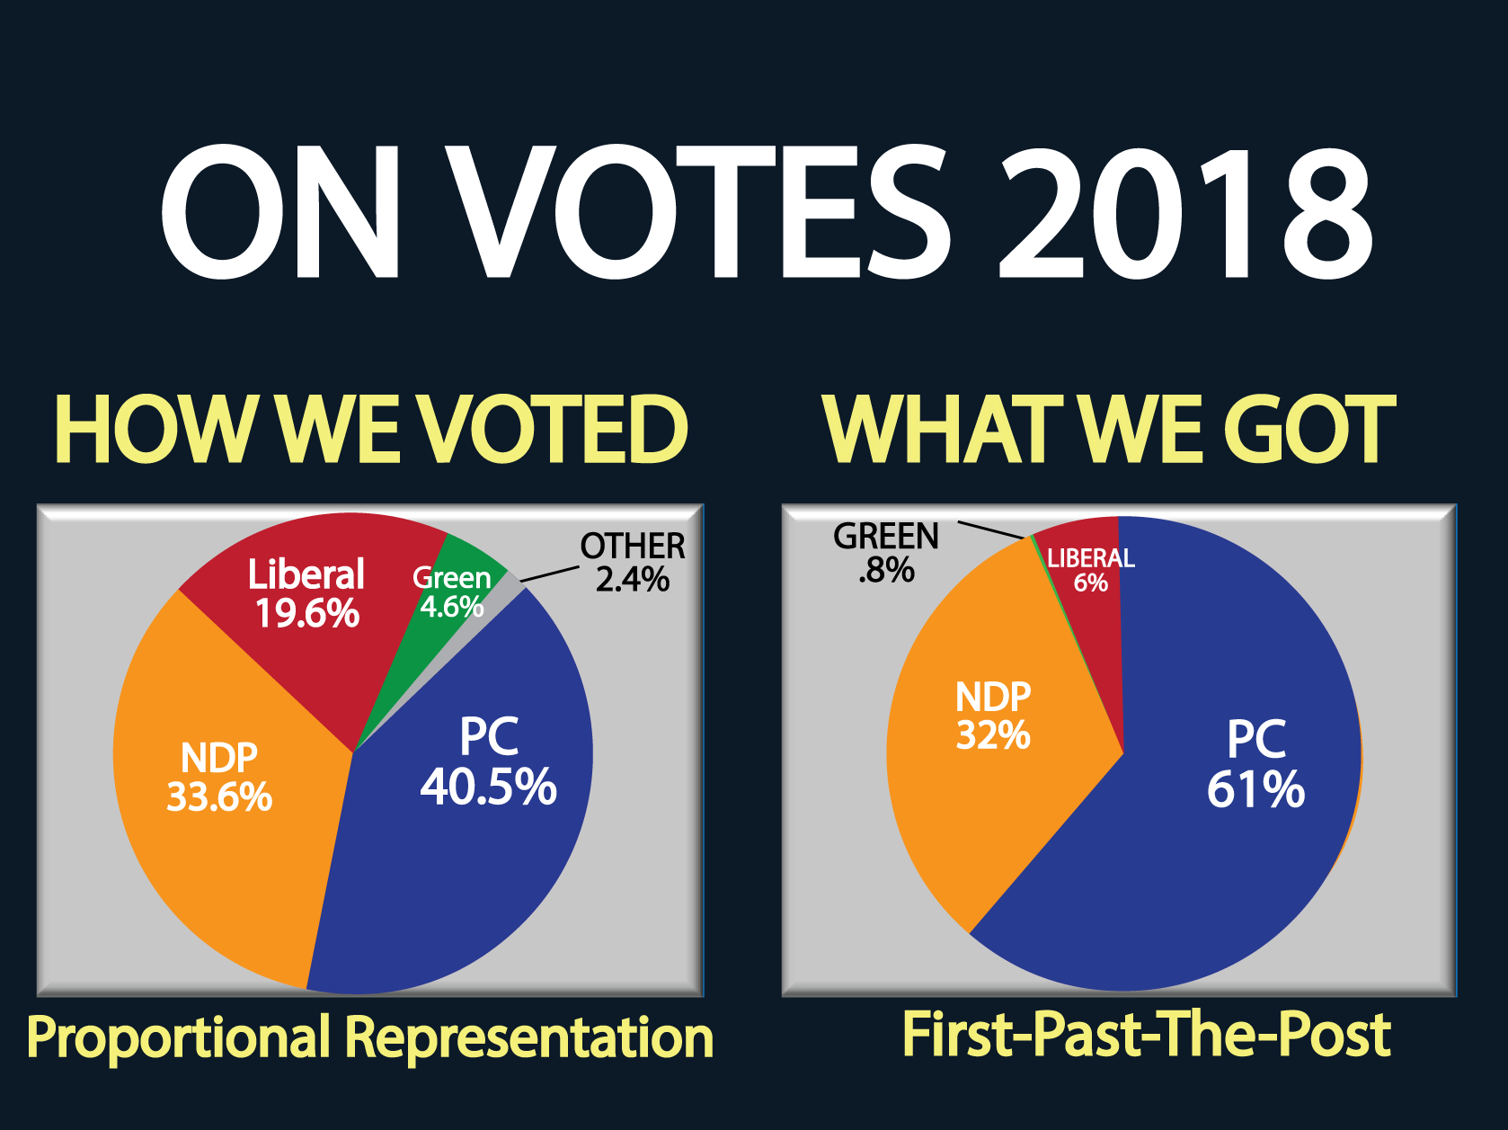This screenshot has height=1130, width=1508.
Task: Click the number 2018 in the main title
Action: click(x=1185, y=212)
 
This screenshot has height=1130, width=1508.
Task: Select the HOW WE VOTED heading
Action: click(x=371, y=429)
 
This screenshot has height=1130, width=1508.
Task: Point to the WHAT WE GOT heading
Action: click(x=1109, y=429)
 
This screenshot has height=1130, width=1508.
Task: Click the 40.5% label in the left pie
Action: click(x=489, y=787)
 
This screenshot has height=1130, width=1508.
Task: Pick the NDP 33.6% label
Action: click(x=219, y=777)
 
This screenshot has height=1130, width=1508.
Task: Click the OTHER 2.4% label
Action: click(x=633, y=563)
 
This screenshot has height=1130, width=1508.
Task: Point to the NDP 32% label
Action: click(x=993, y=716)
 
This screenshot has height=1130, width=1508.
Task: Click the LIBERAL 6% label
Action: click(x=1091, y=569)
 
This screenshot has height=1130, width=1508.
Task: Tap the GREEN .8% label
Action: click(x=886, y=552)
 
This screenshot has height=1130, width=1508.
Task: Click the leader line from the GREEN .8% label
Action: click(x=992, y=529)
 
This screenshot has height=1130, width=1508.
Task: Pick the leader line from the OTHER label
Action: click(x=550, y=575)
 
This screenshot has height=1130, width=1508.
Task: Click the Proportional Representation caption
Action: click(x=370, y=1037)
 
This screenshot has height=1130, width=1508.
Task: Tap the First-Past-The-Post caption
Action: click(x=1147, y=1035)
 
